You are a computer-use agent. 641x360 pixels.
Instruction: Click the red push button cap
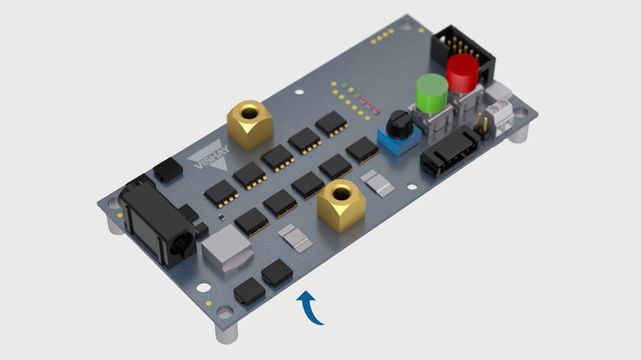tap(463, 73)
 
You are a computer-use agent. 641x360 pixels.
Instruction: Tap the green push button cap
tap(432, 93)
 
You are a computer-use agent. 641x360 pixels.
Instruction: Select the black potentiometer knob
tap(398, 124)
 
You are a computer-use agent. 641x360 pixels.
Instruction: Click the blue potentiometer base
tap(399, 140)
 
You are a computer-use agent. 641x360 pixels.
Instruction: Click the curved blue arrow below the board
tap(309, 307)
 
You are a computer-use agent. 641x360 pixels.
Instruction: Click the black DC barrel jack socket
tap(157, 223)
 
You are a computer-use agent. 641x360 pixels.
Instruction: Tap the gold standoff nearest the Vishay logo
tap(249, 125)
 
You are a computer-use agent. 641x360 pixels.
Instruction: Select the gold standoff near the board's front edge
tap(341, 206)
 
